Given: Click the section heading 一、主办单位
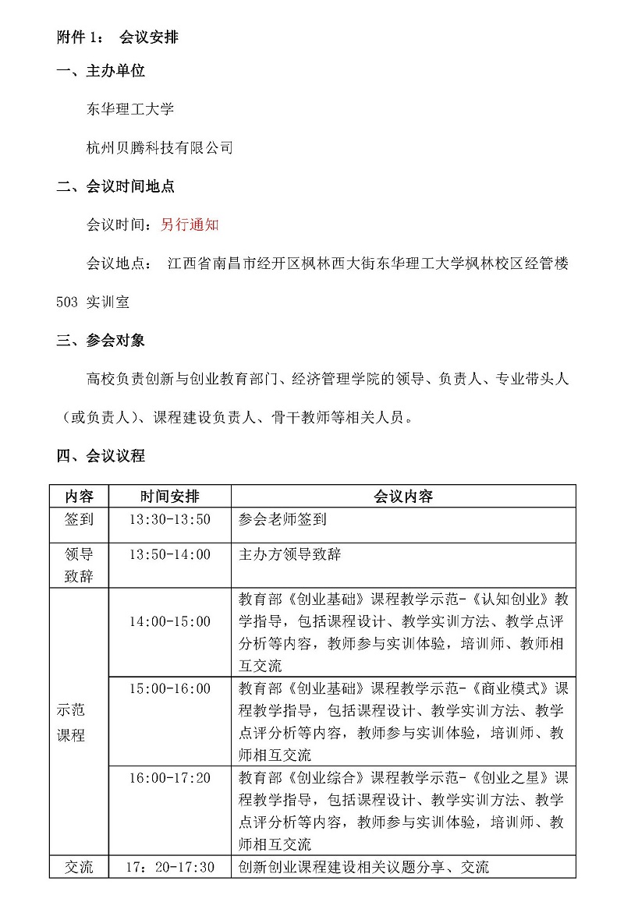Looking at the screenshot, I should [x=101, y=72].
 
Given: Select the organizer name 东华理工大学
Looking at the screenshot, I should [x=129, y=109].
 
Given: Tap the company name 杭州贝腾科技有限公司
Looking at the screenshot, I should [x=159, y=147].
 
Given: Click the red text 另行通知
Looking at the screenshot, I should [x=190, y=225].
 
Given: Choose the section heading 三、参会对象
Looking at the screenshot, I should [x=101, y=341].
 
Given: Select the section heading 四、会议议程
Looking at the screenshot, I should [x=101, y=456].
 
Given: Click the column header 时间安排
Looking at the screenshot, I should [x=169, y=497].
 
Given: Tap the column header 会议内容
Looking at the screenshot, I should [x=402, y=497].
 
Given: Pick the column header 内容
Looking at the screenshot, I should [x=79, y=497].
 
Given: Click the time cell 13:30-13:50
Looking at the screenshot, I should [x=169, y=518].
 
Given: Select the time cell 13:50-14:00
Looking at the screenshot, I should [x=169, y=554].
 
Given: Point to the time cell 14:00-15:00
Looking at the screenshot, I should [x=169, y=621].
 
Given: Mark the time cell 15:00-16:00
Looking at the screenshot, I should [x=169, y=688].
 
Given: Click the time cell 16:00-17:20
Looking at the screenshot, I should [x=169, y=778].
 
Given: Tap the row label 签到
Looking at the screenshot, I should [x=79, y=518].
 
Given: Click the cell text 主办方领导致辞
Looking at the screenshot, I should [x=289, y=554].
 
